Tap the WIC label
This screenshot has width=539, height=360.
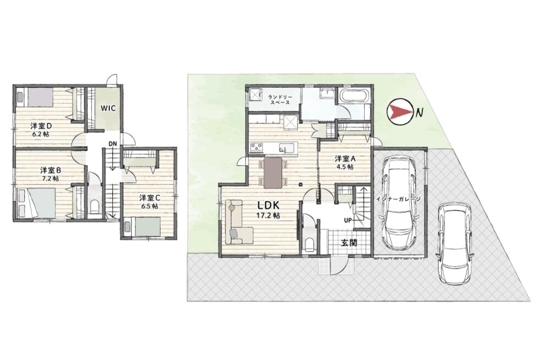point(108,108)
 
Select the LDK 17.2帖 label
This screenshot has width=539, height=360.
point(269,210)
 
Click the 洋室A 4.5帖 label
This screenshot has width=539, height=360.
point(345,162)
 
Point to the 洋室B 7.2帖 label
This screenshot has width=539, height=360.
point(51,174)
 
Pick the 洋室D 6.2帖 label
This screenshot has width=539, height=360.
point(41,129)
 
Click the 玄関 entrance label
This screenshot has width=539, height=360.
point(349,243)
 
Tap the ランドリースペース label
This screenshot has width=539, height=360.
point(279,100)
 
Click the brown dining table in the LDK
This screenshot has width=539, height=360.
point(273,172)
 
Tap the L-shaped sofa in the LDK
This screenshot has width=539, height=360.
point(239,222)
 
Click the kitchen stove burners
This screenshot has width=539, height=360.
point(256,148)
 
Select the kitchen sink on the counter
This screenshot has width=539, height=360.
point(285,148)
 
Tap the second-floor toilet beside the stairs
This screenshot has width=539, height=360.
point(94,207)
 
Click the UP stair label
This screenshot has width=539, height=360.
point(348,220)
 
